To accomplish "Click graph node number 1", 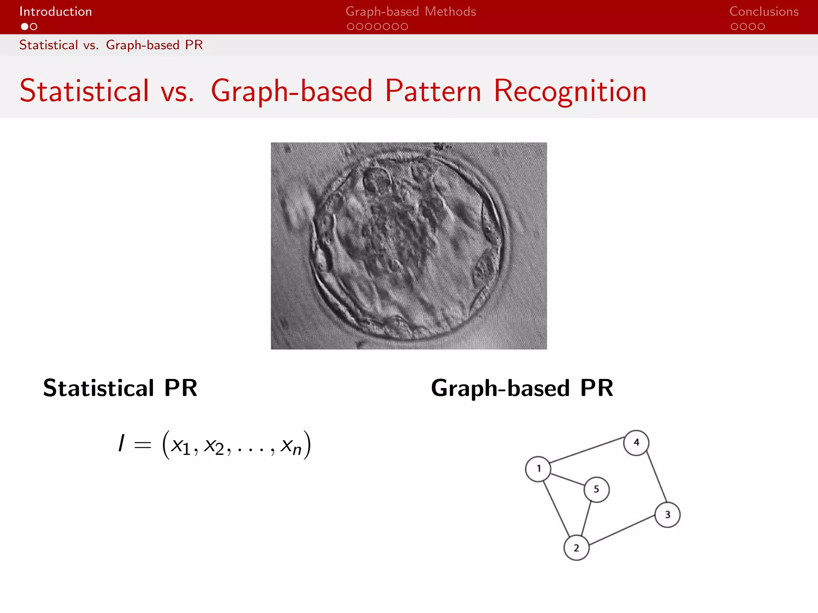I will tap(538, 469).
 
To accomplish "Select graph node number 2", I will tap(576, 548).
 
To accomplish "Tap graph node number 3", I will tap(667, 515).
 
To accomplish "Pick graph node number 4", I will tap(636, 443).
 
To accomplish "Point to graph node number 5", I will tap(596, 489).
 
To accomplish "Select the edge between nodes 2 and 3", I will tap(622, 530).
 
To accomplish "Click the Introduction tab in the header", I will tap(56, 12).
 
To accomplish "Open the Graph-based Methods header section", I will tap(411, 12).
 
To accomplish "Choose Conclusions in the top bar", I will tap(764, 12).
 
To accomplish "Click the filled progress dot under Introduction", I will tap(25, 27).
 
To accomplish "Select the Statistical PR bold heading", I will tap(120, 388).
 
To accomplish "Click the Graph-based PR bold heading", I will tap(522, 388).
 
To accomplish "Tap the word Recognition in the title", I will tap(570, 91).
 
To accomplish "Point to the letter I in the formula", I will tap(121, 443).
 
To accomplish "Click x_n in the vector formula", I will tap(291, 446).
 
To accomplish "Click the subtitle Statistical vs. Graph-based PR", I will tap(111, 45).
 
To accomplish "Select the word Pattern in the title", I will tap(433, 91).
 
